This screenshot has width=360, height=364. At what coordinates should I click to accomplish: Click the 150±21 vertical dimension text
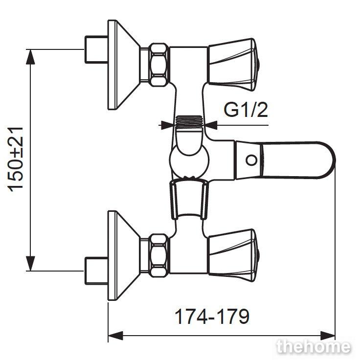click(16, 159)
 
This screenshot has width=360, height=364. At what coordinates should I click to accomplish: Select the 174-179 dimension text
click(212, 317)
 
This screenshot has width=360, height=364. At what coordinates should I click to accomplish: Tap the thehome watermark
click(314, 346)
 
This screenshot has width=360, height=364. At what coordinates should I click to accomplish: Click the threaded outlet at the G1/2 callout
click(189, 122)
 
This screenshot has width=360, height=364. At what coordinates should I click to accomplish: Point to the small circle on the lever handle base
click(251, 160)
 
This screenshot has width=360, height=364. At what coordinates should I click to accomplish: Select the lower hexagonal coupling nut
click(159, 255)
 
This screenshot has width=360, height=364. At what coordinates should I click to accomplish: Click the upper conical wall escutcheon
click(123, 65)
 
